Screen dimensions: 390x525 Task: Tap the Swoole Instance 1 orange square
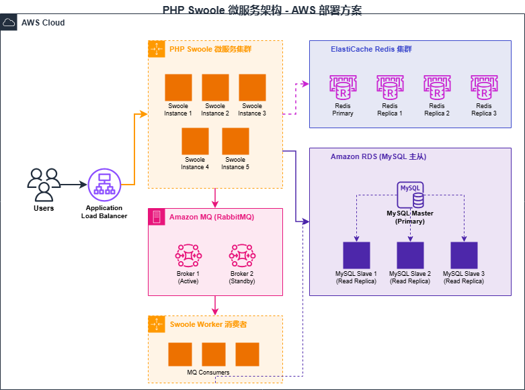(178, 87)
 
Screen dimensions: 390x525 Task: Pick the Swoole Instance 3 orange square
(252, 87)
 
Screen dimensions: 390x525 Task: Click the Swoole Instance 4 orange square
(195, 141)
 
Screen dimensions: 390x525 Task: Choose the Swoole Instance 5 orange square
(235, 141)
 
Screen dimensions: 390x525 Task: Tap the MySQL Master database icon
(411, 195)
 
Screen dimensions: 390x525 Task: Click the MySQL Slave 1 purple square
(356, 256)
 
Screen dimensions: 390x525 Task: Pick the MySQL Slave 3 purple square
(464, 256)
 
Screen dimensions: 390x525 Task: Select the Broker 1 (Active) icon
(188, 256)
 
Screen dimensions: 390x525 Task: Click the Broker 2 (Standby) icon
(242, 256)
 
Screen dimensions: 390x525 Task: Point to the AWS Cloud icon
(9, 23)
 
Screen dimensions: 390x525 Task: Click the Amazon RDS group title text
(378, 156)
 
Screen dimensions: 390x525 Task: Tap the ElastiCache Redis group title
(371, 50)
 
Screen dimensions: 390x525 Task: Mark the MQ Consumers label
(208, 373)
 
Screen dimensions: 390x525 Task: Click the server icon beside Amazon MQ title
(156, 217)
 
